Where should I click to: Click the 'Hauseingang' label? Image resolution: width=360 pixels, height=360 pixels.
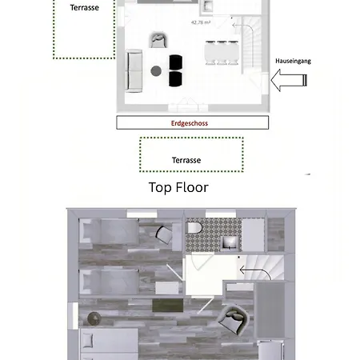[293, 61]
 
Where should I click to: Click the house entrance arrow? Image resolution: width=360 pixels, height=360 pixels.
[290, 78]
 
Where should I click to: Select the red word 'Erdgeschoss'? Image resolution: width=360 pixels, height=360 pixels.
[190, 123]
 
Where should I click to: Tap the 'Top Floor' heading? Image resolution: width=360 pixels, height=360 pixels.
[178, 187]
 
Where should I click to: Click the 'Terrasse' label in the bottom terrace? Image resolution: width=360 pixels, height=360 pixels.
[186, 160]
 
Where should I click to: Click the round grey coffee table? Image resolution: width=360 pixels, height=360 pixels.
[156, 70]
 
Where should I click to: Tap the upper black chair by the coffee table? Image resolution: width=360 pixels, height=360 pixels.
[176, 62]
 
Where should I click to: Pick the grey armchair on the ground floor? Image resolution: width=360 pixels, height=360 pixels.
[158, 39]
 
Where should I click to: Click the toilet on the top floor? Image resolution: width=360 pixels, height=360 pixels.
[194, 228]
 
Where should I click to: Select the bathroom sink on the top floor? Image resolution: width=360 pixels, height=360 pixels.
[228, 242]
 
